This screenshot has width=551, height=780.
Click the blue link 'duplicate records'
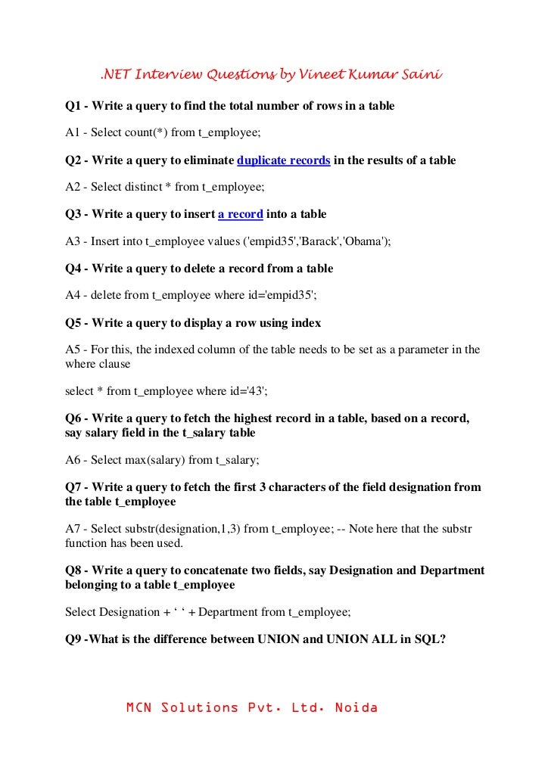[283, 161]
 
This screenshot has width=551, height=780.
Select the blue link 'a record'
[240, 215]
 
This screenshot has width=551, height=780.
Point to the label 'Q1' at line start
[73, 107]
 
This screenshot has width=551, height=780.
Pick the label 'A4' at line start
[73, 295]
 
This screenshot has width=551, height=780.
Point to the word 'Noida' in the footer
[353, 709]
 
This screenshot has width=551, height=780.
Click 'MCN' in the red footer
[140, 709]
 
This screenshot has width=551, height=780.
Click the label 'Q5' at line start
[73, 322]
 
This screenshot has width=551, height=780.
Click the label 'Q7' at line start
[73, 487]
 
